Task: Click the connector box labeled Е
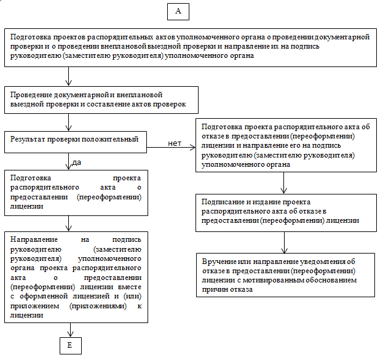70,346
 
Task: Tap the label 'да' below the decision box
77,162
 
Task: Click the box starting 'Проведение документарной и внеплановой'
102,100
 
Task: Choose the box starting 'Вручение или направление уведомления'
283,275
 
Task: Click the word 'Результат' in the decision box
26,139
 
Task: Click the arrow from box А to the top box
178,23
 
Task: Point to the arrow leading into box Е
70,330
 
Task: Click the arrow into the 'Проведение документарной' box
70,76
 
